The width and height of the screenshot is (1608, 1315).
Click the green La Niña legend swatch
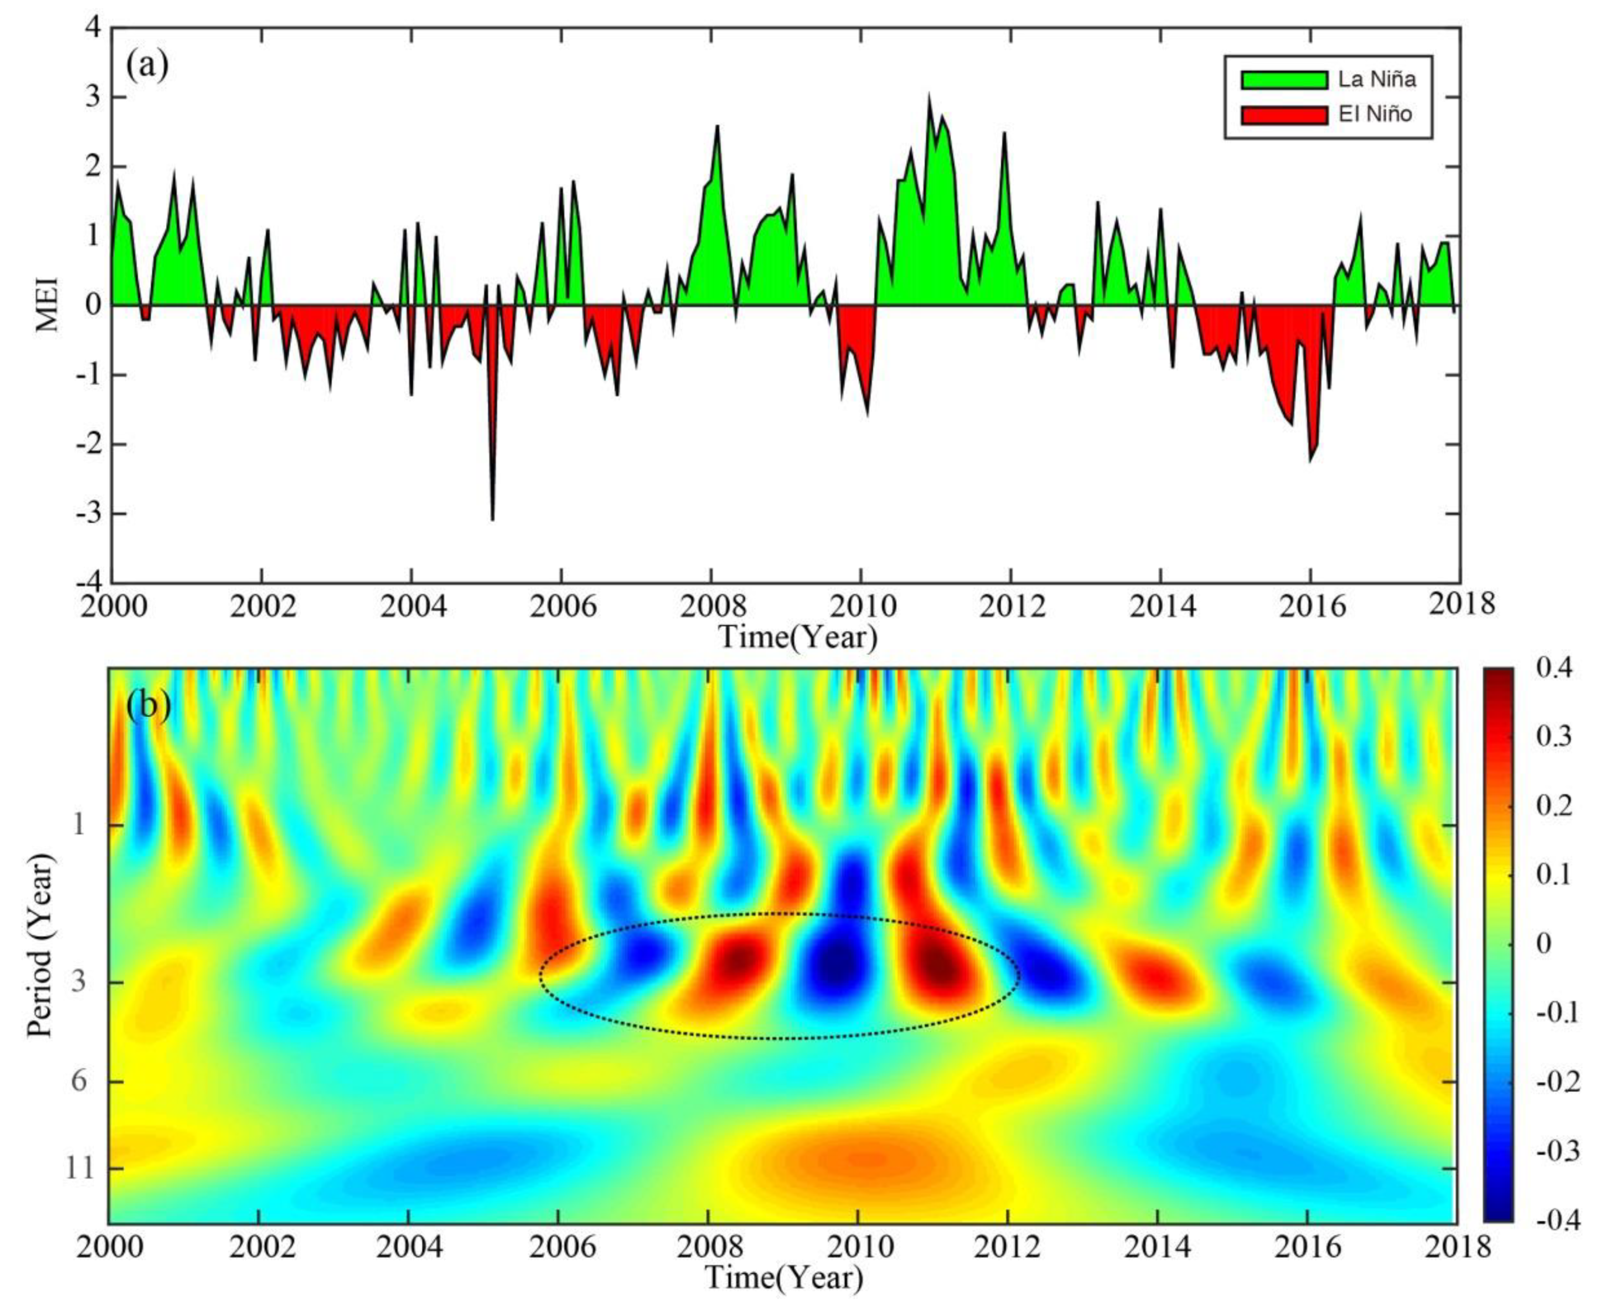coord(1284,80)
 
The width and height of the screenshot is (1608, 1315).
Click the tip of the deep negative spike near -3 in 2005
coord(492,519)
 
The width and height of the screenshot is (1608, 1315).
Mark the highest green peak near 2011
coord(929,97)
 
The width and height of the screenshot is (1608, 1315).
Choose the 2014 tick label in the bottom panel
coord(1157,1246)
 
